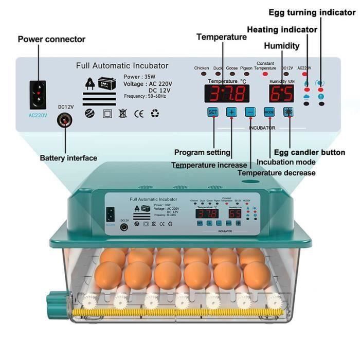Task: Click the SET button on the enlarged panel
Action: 213,112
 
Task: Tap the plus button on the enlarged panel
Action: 231,112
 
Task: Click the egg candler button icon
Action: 289,112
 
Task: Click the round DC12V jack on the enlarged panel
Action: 65,120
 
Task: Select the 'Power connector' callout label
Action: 51,39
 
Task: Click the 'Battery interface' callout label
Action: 68,158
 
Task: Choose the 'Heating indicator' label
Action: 282,29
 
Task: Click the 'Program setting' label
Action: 202,152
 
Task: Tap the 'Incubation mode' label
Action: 286,161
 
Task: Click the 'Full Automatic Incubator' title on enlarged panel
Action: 122,65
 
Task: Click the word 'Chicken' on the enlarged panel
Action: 202,68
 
